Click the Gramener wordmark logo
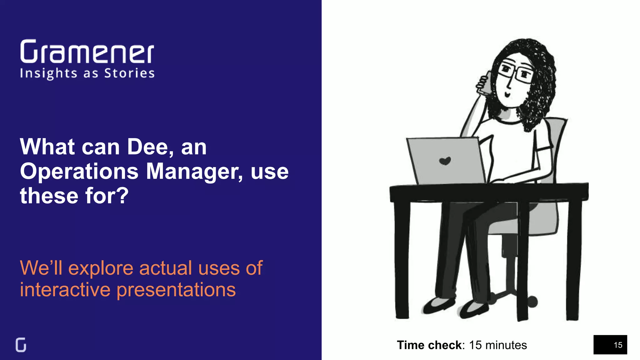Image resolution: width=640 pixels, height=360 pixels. [x=87, y=52]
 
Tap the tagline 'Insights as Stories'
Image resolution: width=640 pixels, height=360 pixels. [x=87, y=73]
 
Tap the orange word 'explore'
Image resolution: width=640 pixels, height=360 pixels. [x=101, y=268]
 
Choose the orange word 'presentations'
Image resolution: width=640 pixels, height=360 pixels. [x=176, y=290]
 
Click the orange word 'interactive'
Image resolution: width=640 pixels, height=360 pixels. [x=65, y=290]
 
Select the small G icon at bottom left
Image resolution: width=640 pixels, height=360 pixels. [x=21, y=345]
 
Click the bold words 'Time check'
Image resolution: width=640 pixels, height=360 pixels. [x=429, y=345]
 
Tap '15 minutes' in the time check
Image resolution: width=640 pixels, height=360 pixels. [x=498, y=345]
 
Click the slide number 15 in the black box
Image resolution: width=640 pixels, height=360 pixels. [x=618, y=345]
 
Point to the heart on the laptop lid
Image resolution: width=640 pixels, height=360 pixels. [x=445, y=161]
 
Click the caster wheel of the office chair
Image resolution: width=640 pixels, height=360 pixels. [x=532, y=302]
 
